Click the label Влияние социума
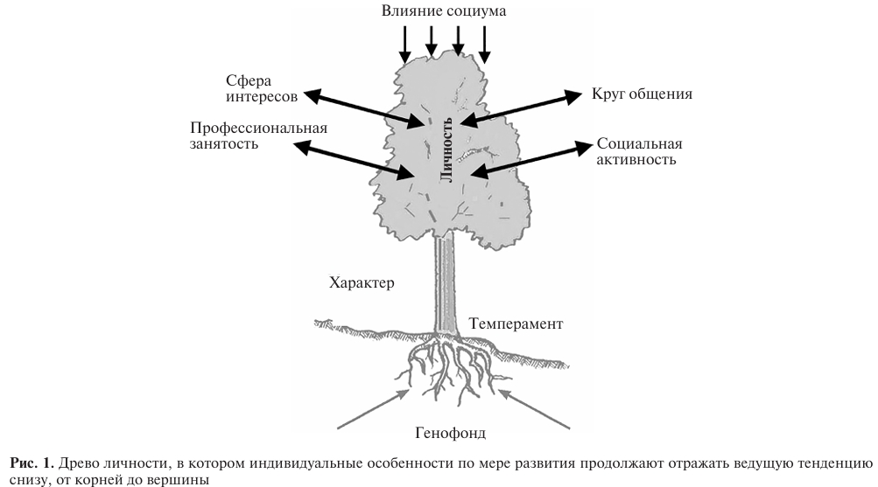(444, 11)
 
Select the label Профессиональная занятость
(258, 136)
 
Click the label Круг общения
(643, 94)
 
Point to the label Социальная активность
(639, 152)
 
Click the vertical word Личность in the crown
(446, 148)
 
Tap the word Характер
(362, 283)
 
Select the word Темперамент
(516, 324)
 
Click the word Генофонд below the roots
(450, 432)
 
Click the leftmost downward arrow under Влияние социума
(405, 43)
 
